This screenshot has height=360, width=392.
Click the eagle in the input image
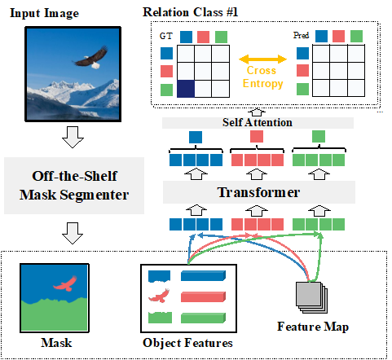[x=91, y=59]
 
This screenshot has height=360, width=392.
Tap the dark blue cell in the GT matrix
[x=186, y=89]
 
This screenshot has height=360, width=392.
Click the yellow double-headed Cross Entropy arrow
[x=262, y=59]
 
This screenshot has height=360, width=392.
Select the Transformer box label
[x=258, y=192]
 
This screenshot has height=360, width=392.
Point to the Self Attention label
[x=258, y=122]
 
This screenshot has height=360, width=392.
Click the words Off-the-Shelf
[x=74, y=176]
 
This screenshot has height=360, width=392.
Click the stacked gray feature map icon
[x=311, y=297]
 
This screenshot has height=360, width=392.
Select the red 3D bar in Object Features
[x=203, y=296]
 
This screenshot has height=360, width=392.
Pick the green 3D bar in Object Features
[x=203, y=318]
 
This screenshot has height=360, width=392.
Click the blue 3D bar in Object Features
[x=203, y=275]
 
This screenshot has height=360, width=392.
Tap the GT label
[x=165, y=36]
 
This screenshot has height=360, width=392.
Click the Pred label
[x=301, y=35]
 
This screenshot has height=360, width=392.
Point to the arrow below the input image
[x=73, y=137]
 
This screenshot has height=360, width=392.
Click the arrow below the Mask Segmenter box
[x=73, y=233]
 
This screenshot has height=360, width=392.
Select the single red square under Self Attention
[x=257, y=137]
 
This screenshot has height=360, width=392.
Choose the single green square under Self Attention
[x=319, y=137]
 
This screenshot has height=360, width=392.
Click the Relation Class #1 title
[x=190, y=12]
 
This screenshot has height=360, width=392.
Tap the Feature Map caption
[x=313, y=327]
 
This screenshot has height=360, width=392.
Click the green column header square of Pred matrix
[x=356, y=36]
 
